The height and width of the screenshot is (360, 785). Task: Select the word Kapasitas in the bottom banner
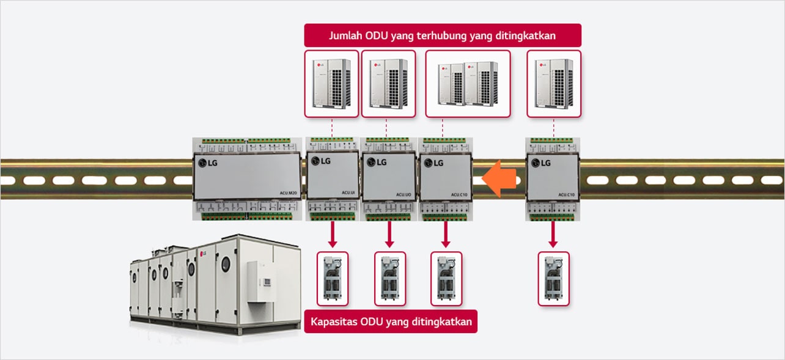(334, 321)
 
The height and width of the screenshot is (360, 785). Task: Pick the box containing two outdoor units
(468, 84)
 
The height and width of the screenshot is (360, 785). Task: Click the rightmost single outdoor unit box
(553, 84)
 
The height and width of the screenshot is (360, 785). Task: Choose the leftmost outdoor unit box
(331, 84)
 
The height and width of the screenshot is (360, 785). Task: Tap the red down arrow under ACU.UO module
(389, 232)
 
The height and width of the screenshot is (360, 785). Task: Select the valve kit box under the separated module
(553, 279)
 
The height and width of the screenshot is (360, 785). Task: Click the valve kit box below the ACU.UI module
(332, 279)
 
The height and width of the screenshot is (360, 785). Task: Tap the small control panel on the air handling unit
(267, 282)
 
